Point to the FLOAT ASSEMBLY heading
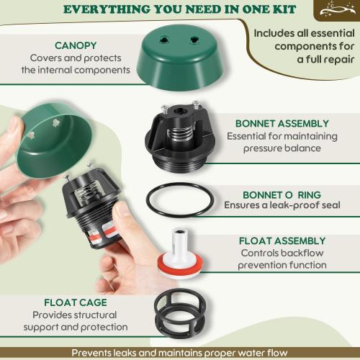pyautogui.click(x=282, y=240)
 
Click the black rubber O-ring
pyautogui.click(x=179, y=201)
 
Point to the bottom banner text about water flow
pyautogui.click(x=180, y=353)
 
